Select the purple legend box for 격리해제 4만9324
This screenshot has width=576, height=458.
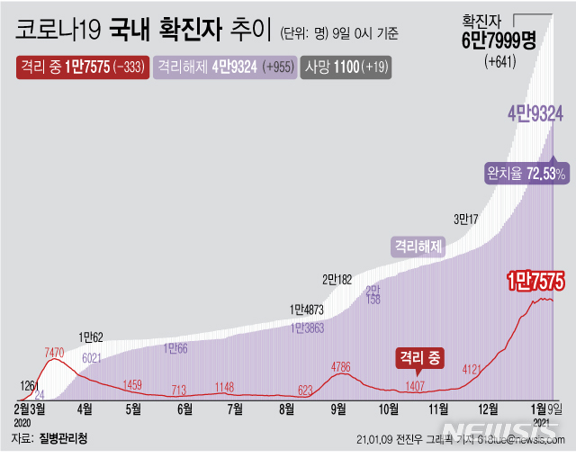(x=225, y=67)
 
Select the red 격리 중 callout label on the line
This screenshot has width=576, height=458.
(x=419, y=358)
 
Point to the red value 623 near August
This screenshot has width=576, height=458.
(x=305, y=391)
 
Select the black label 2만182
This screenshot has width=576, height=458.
(x=338, y=279)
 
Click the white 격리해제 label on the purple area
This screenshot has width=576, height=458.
(x=418, y=246)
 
